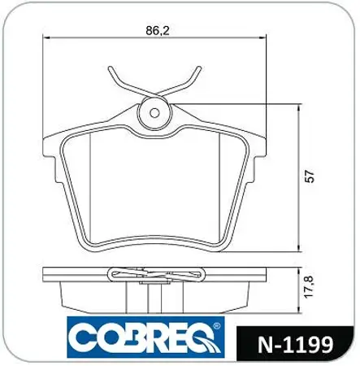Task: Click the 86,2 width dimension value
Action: (158, 31)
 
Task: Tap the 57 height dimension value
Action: (310, 176)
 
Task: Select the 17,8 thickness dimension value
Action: (309, 287)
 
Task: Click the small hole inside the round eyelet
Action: (154, 113)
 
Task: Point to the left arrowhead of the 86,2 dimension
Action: (46, 37)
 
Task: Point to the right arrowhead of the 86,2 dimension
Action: (262, 37)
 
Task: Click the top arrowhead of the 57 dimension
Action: (299, 108)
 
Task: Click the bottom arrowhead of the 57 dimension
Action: (299, 248)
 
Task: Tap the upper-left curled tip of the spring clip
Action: (111, 68)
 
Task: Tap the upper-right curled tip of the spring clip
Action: (199, 68)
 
